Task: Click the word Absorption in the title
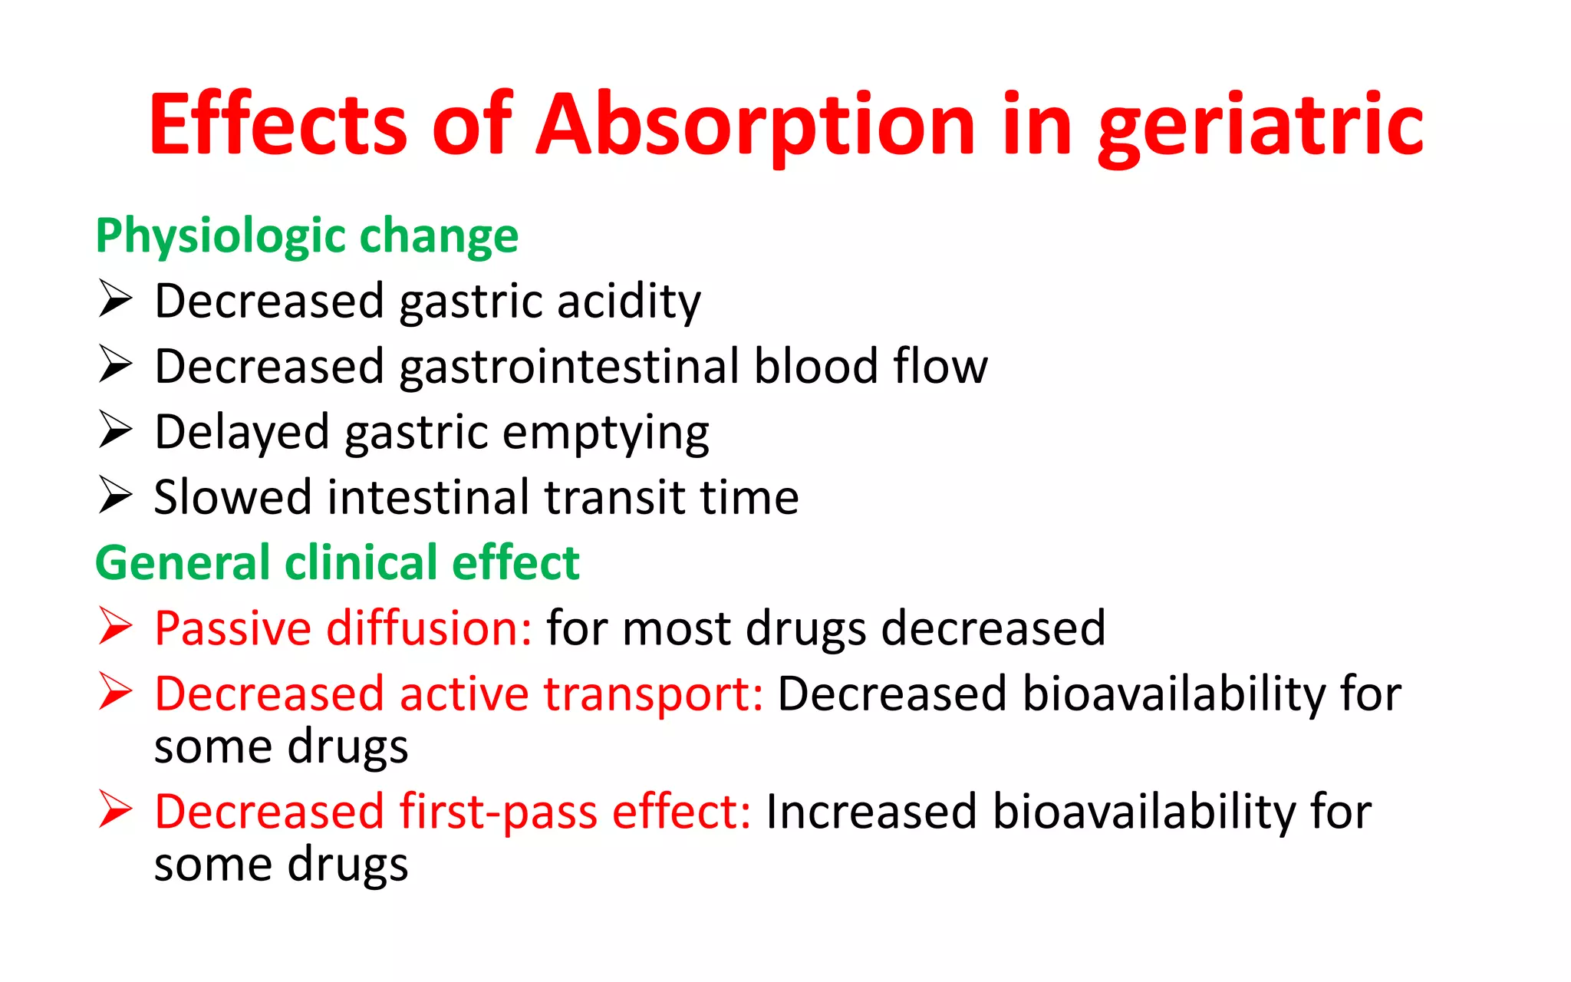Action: tap(756, 124)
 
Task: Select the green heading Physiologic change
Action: tap(307, 236)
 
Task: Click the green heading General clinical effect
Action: tap(337, 562)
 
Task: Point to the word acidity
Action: tap(628, 301)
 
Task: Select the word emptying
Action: tap(606, 433)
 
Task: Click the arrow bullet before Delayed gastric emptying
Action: tap(116, 429)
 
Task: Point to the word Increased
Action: tap(871, 812)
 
